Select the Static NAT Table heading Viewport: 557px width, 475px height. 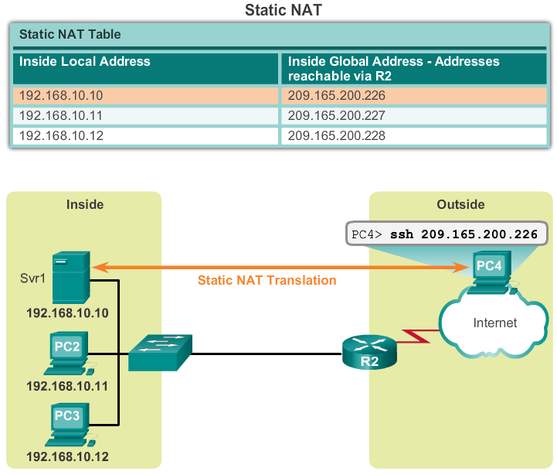tap(70, 35)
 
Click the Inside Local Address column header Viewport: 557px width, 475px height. tap(84, 61)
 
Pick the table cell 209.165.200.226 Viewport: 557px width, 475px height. tap(336, 97)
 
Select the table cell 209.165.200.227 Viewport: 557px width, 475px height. tap(336, 116)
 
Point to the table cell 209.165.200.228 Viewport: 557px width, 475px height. tap(336, 135)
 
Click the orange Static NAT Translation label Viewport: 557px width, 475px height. tap(267, 280)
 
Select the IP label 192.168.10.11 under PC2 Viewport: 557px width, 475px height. tap(67, 384)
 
